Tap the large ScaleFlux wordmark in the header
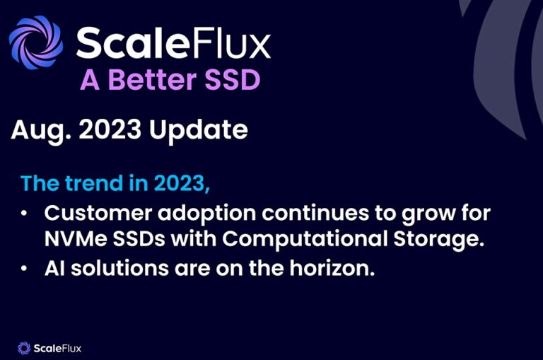pyautogui.click(x=173, y=43)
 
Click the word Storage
pyautogui.click(x=440, y=239)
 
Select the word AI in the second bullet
pyautogui.click(x=54, y=269)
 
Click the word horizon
pyautogui.click(x=329, y=269)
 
